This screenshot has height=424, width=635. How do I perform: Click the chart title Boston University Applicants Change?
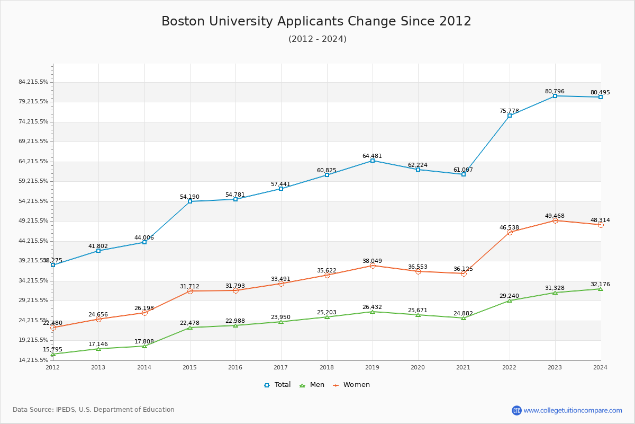pos(316,21)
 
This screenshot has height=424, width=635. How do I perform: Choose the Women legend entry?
pos(352,385)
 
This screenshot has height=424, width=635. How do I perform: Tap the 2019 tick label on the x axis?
pos(372,367)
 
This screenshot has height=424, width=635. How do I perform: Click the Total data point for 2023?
pos(555,96)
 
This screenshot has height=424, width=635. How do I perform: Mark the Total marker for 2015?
pos(190,201)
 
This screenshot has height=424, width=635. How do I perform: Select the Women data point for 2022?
pos(510,232)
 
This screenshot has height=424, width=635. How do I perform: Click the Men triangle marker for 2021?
pos(464,318)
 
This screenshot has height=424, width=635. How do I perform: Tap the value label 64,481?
pos(372,156)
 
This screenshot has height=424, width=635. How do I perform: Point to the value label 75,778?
pos(509,111)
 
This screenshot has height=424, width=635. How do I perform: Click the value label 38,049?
pos(372,261)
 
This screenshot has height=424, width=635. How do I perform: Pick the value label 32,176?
pos(600,284)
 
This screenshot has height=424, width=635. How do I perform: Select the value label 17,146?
pos(98,344)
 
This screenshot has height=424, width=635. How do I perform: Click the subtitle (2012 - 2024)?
pos(317,39)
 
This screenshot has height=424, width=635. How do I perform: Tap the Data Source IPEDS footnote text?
pos(94,410)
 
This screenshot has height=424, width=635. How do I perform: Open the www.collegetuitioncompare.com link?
pos(573,410)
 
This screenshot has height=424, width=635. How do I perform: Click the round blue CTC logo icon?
pos(516,410)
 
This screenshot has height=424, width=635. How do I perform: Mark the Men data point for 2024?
pos(601,289)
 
